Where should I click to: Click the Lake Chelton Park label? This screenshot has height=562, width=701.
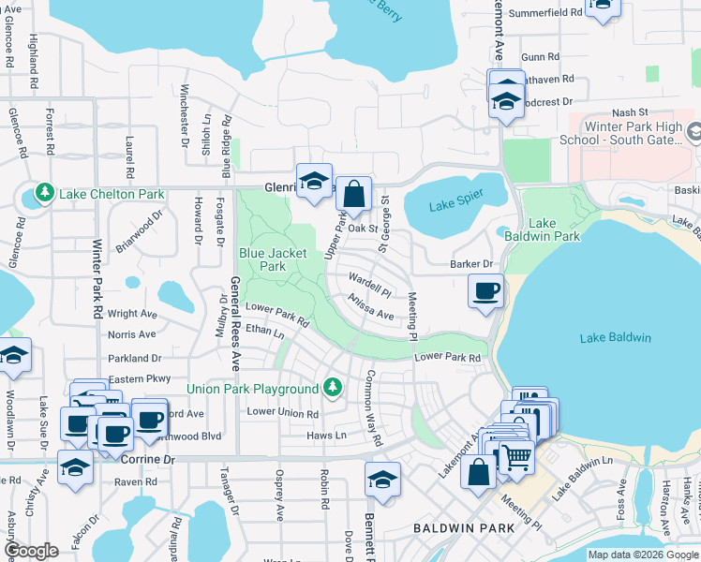pyautogui.click(x=112, y=194)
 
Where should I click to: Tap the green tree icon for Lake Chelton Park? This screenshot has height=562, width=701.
pyautogui.click(x=44, y=194)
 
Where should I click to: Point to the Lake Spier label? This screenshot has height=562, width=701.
pyautogui.click(x=454, y=206)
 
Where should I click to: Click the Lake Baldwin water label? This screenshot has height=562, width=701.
pyautogui.click(x=615, y=337)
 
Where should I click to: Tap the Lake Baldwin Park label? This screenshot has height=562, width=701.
pyautogui.click(x=555, y=229)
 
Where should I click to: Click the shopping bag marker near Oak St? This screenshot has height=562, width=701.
pyautogui.click(x=354, y=196)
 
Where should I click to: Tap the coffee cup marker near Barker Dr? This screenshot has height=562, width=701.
pyautogui.click(x=485, y=292)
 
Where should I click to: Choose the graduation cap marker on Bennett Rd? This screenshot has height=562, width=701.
pyautogui.click(x=382, y=481)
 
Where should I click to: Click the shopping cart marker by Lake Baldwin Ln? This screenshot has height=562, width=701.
pyautogui.click(x=515, y=457)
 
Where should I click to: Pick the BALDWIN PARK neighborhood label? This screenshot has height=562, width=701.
pyautogui.click(x=464, y=528)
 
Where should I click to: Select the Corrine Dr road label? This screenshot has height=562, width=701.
pyautogui.click(x=149, y=461)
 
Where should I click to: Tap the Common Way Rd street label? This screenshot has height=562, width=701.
pyautogui.click(x=373, y=407)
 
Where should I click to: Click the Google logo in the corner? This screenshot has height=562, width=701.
pyautogui.click(x=32, y=551)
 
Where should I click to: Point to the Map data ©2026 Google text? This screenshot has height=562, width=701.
pyautogui.click(x=642, y=555)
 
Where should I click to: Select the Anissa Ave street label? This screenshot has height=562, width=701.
pyautogui.click(x=370, y=307)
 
